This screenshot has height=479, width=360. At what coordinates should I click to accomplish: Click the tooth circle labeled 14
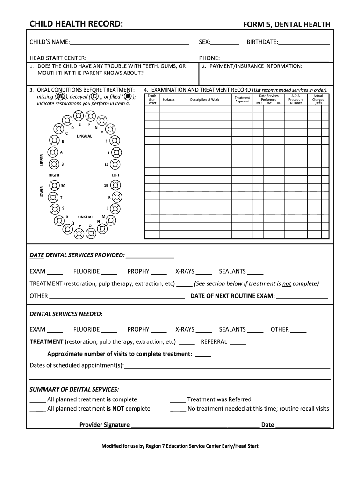coord(115,164)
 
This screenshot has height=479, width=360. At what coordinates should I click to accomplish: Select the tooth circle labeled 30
coord(55,186)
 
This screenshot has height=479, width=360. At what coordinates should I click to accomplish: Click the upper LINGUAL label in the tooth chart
coord(84,136)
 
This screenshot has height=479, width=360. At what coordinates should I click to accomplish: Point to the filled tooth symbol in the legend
coord(128,97)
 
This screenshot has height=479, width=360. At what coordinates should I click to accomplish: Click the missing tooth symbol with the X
coord(60,97)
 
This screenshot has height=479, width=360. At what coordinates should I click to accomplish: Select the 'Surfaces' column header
coord(168,100)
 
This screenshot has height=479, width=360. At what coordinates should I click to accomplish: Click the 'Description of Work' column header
coord(204,100)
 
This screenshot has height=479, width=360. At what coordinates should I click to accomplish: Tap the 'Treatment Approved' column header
coord(242,100)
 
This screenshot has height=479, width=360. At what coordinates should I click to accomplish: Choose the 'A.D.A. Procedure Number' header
coord(295,100)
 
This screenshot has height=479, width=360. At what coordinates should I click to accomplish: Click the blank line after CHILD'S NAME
coord(129,44)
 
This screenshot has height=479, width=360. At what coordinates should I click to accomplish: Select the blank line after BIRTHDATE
coord(304,44)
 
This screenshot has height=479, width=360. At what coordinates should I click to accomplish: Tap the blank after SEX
coord(225,44)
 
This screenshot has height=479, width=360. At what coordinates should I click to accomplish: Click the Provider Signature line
coord(195,426)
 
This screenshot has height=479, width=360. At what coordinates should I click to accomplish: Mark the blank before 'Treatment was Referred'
coord(177,401)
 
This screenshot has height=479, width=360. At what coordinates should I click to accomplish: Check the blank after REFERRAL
coord(238,343)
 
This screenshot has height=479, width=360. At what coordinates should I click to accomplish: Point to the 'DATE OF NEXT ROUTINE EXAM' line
coord(302,297)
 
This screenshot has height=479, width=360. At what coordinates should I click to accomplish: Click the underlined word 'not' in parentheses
coord(286,283)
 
